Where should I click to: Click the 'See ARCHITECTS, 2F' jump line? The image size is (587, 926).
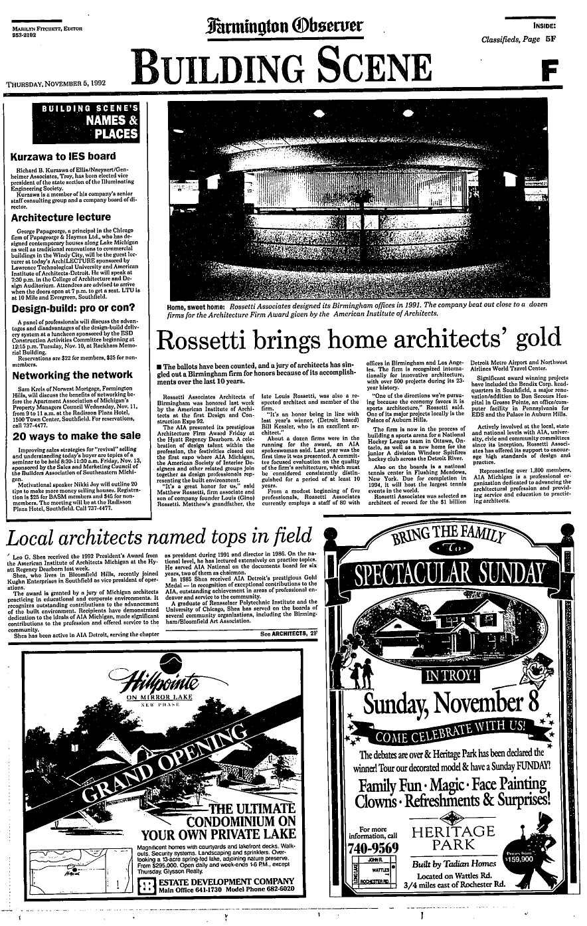tap(290, 635)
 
